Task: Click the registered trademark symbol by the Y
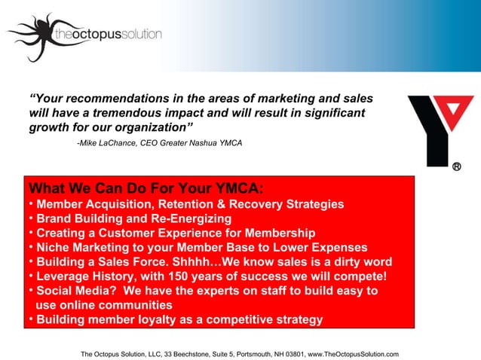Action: (457, 166)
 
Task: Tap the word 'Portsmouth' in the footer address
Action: (248, 354)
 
